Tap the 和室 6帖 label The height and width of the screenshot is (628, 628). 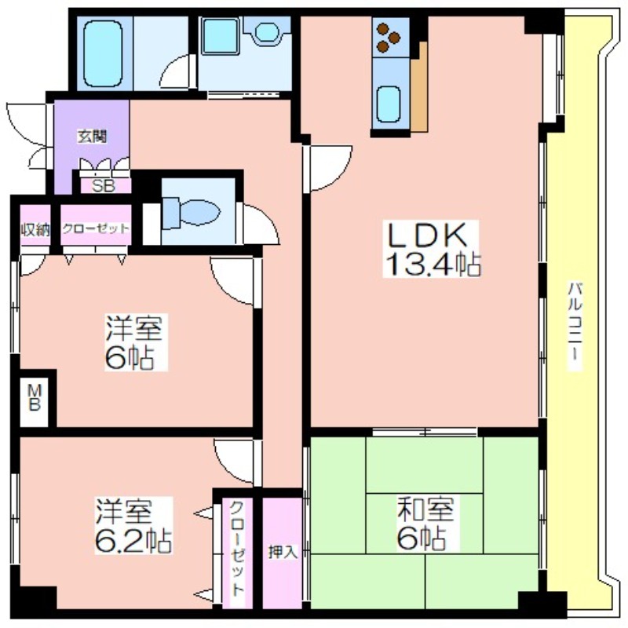tap(425, 524)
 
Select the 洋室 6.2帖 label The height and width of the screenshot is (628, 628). tap(133, 525)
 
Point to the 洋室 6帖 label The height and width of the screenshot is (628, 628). tap(134, 342)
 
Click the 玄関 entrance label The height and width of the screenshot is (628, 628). tap(92, 137)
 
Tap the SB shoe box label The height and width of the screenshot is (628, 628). tap(104, 186)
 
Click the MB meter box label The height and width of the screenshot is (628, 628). tap(34, 397)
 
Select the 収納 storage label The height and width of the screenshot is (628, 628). tap(35, 230)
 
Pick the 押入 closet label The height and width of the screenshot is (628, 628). tap(283, 553)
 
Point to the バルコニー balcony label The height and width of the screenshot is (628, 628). tap(575, 326)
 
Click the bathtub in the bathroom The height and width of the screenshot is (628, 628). tap(104, 53)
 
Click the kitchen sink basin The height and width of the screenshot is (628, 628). tap(389, 104)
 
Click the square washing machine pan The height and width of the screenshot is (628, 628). tap(220, 36)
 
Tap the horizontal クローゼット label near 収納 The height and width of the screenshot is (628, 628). tap(96, 228)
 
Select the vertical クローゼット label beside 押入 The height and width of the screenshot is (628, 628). tap(237, 549)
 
